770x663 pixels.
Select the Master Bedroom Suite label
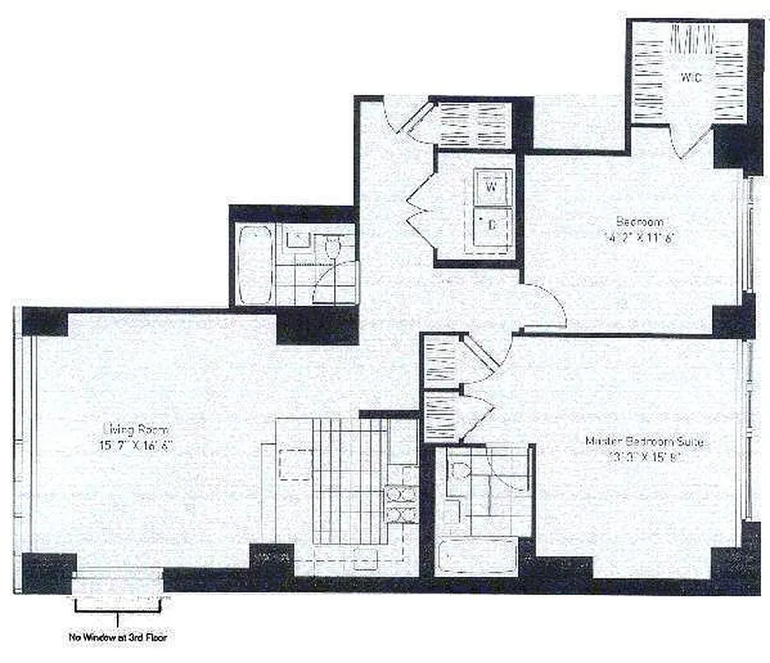click(x=643, y=442)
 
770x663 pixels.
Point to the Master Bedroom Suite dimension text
click(x=644, y=457)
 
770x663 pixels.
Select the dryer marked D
click(x=491, y=224)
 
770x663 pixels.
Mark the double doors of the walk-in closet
click(x=692, y=141)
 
